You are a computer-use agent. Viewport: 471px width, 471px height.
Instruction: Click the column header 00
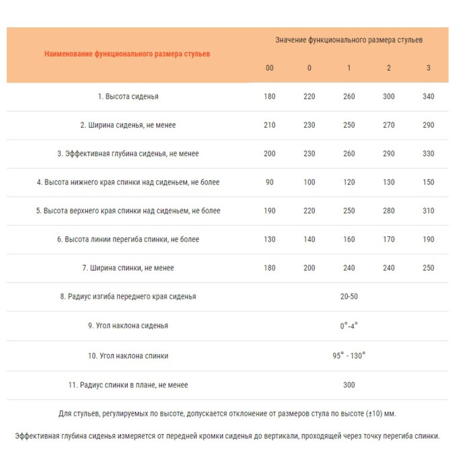point(270,68)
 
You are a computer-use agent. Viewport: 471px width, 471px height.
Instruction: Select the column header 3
point(429,68)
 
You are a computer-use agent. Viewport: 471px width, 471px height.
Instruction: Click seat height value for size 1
point(349,97)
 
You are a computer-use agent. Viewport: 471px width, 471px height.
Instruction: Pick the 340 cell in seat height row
point(429,97)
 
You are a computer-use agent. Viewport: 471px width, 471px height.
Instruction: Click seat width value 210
point(270,125)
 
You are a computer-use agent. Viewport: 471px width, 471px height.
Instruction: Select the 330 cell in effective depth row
point(429,154)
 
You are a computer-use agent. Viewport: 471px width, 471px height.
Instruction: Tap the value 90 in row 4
point(270,182)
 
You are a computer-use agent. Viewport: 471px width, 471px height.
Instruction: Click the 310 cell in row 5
point(429,211)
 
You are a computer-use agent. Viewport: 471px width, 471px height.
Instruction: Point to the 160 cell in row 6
point(349,240)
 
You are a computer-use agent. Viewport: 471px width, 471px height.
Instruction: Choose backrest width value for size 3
point(429,268)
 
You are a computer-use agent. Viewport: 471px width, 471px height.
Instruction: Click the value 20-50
point(349,297)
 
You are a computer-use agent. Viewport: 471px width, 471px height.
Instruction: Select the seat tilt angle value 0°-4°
point(349,326)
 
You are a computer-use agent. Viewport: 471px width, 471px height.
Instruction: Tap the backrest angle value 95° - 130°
point(349,356)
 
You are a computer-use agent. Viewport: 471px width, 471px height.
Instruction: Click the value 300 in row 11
point(349,385)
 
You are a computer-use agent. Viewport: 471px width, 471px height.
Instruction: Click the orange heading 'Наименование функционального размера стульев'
point(127,54)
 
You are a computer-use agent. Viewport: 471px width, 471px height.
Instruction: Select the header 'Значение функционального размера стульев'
point(349,40)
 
